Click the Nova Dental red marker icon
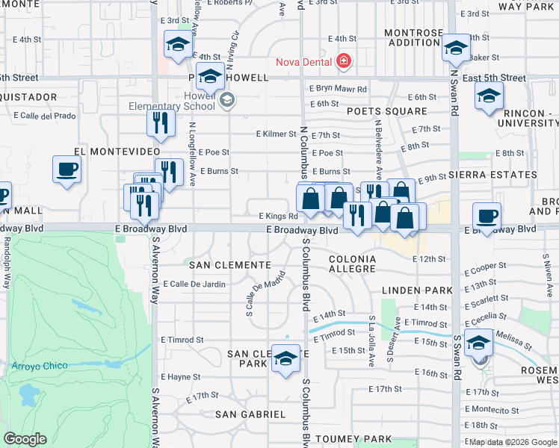coord(343,61)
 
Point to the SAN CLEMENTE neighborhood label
coord(229,265)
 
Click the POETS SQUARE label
coord(387,111)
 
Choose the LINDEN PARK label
coord(418,290)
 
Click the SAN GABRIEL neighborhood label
coord(250,414)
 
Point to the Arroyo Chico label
coord(40,366)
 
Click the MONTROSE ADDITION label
coord(413,37)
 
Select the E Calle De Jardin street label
coord(194,284)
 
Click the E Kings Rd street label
coord(278,217)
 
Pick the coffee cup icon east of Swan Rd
coord(487,217)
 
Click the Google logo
coord(25,439)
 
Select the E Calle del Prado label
coord(45,116)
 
